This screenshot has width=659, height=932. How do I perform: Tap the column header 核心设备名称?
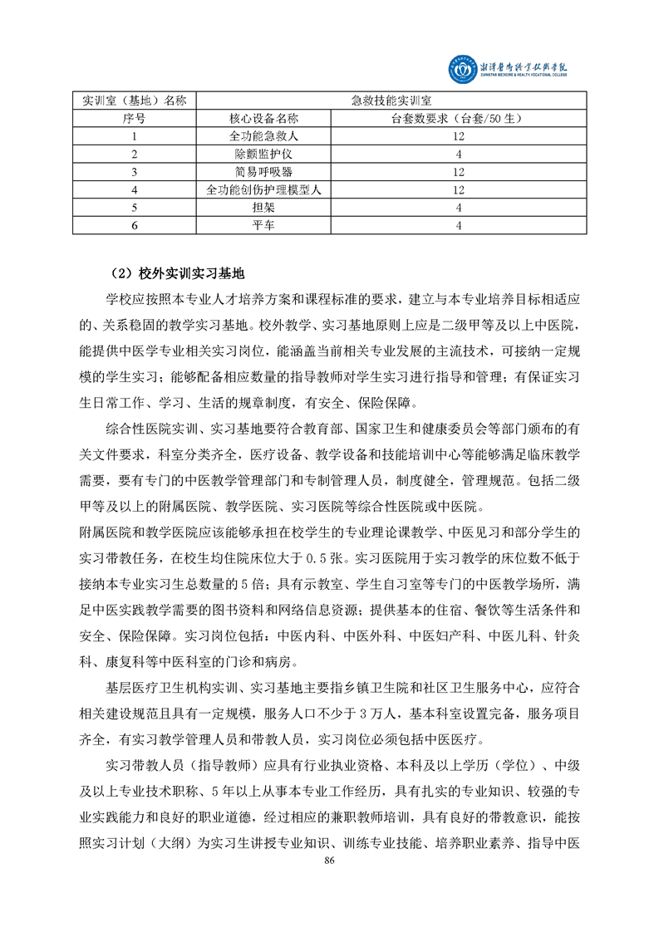(263, 119)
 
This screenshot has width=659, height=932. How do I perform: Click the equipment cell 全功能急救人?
(263, 136)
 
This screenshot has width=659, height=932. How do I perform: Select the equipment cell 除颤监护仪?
(263, 155)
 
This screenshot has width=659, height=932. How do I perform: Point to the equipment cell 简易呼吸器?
(263, 172)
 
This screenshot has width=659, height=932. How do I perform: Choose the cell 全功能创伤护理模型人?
(263, 190)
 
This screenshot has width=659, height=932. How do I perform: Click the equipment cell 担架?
(263, 208)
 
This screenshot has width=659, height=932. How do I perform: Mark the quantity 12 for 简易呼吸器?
(458, 172)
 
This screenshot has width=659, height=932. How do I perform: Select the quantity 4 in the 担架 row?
(458, 208)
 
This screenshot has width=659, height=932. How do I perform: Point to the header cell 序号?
(134, 119)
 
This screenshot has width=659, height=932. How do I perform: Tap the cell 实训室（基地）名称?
(134, 101)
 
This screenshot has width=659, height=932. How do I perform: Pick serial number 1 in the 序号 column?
(134, 136)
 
